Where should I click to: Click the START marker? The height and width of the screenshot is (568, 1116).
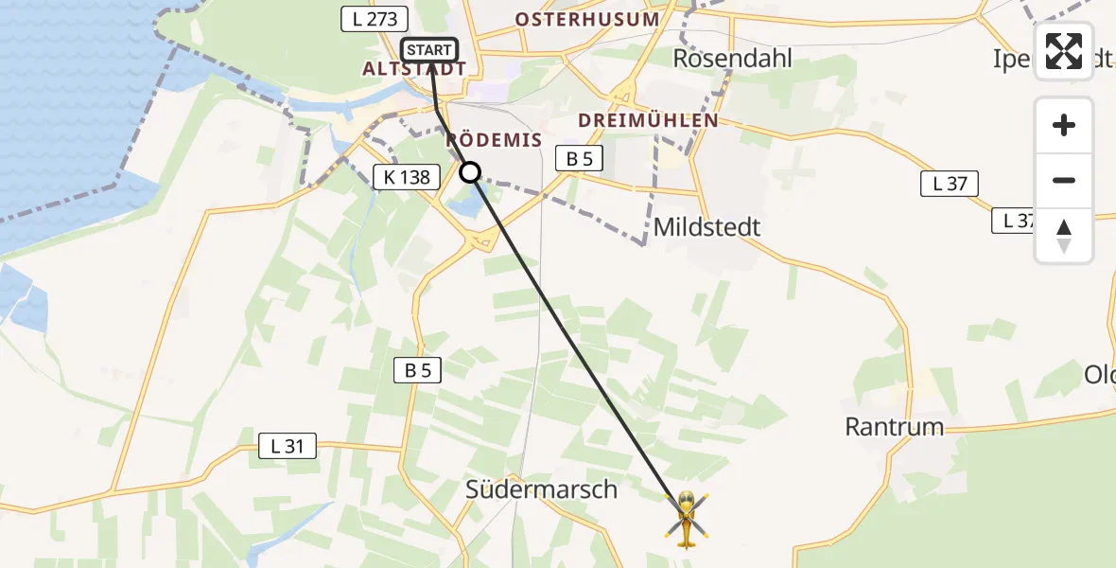(430, 49)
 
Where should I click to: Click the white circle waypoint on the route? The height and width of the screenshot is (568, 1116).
(470, 172)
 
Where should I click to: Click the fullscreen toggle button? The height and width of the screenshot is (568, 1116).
(1064, 51)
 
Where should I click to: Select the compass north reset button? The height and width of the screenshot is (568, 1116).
(1064, 236)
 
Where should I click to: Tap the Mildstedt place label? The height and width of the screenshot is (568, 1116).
(706, 227)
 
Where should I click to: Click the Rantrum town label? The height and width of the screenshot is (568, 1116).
(894, 427)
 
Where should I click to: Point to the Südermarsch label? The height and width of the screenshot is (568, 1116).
(541, 489)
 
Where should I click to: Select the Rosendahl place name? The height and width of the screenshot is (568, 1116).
(732, 58)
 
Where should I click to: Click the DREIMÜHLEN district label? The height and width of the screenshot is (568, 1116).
(649, 121)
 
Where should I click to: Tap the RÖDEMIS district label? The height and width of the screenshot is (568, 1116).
(494, 141)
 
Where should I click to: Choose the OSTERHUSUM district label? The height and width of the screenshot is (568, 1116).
(586, 19)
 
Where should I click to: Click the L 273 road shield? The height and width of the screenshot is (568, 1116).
(374, 19)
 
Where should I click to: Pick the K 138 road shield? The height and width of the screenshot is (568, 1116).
(407, 176)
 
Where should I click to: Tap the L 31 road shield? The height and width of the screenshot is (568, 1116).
(288, 446)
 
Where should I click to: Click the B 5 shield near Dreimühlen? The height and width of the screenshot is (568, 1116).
(579, 159)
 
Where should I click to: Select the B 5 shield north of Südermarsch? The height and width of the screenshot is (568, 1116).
(418, 371)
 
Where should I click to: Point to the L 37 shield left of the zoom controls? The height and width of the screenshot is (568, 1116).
(950, 184)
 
